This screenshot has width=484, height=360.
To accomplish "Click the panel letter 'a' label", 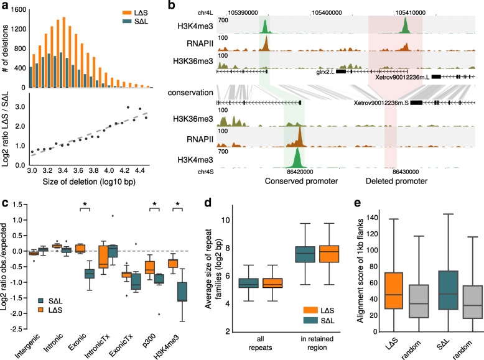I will pyautogui.click(x=5, y=6).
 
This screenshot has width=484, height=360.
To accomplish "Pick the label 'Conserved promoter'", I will pyautogui.click(x=302, y=182).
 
